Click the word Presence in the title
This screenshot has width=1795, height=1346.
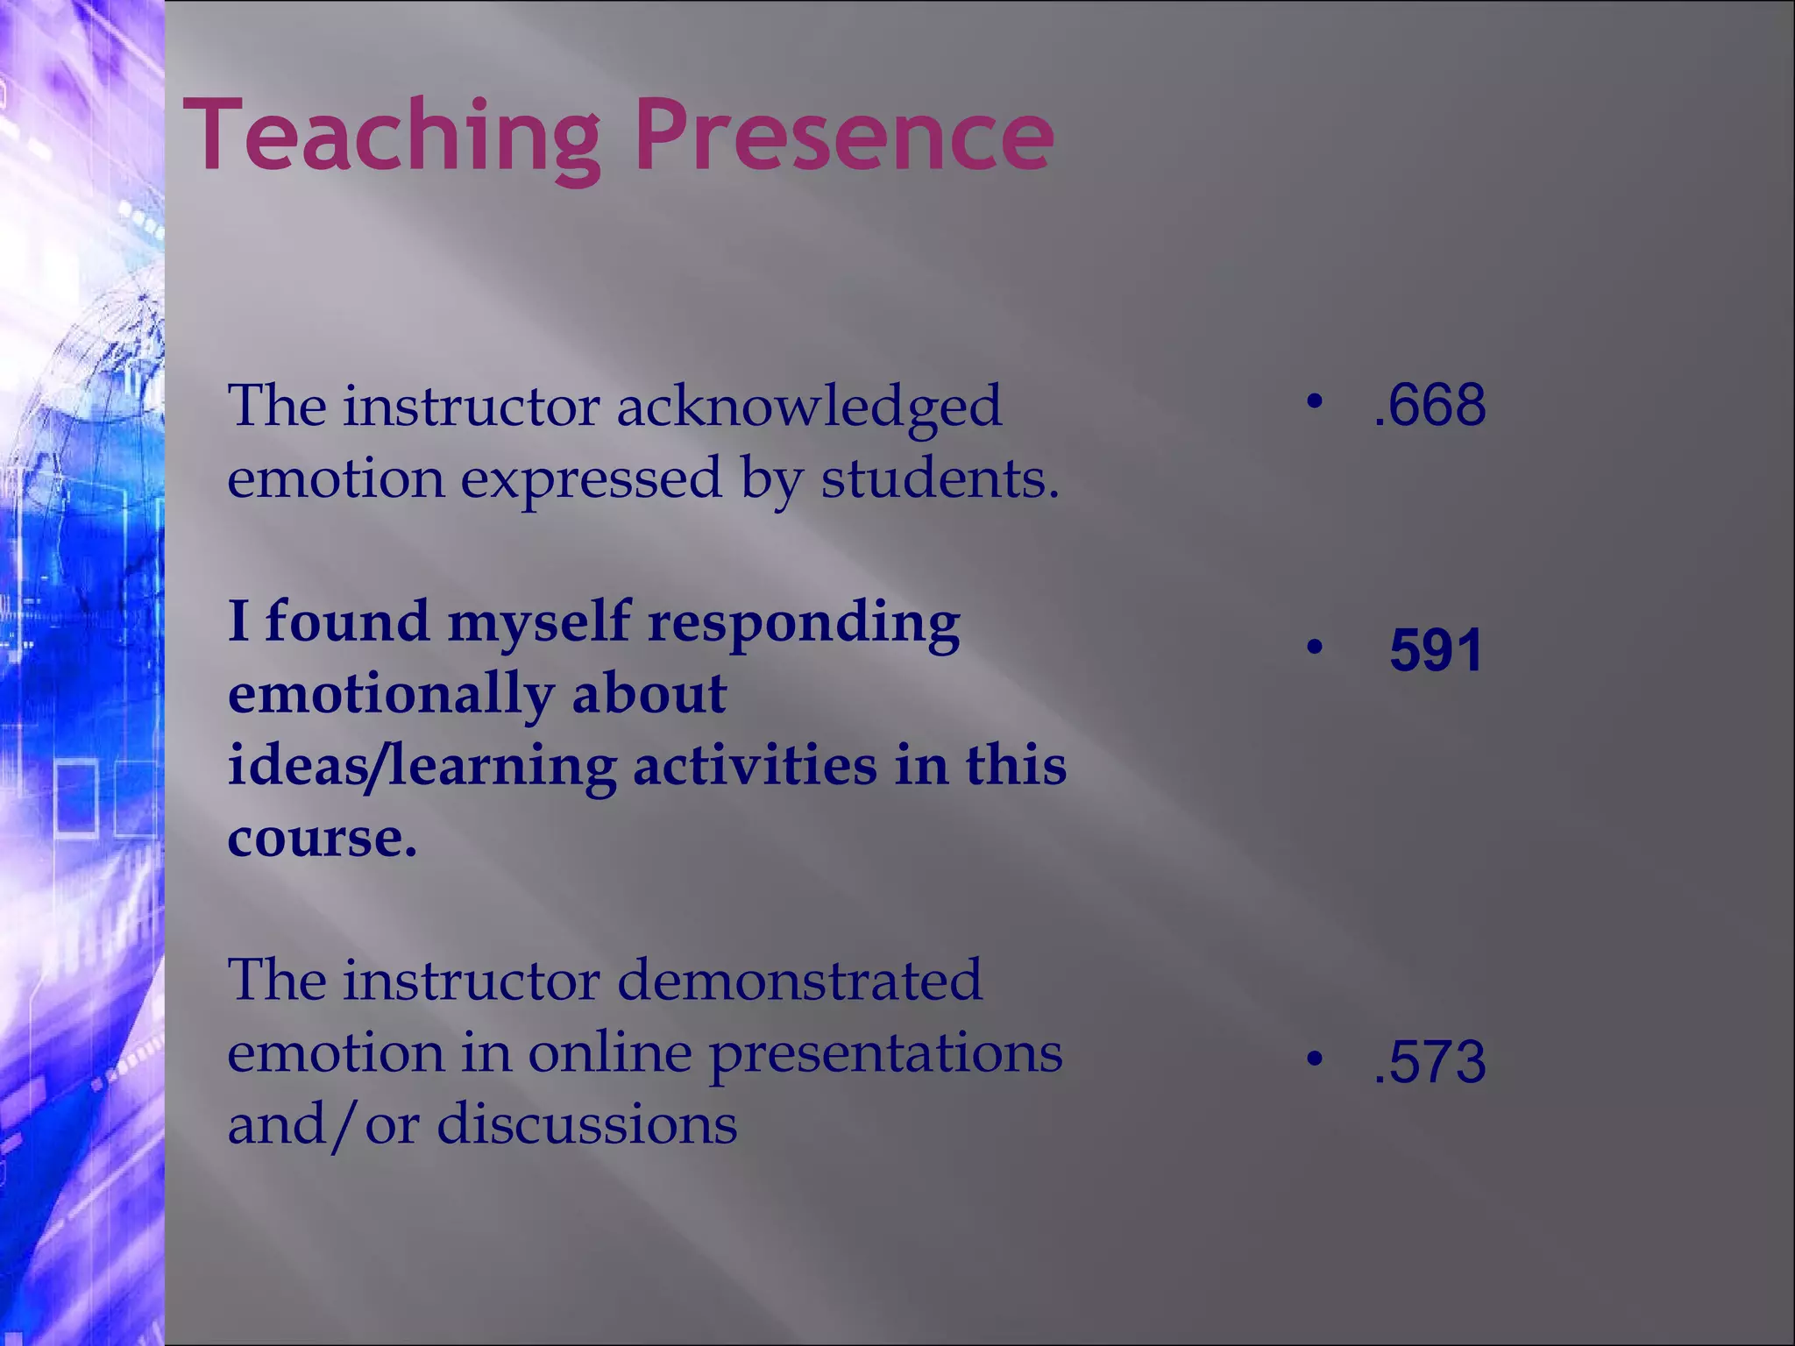pyautogui.click(x=843, y=136)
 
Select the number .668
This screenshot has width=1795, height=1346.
pyautogui.click(x=1430, y=405)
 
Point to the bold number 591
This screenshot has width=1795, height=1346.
pyautogui.click(x=1436, y=650)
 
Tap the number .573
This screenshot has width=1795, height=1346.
pyautogui.click(x=1430, y=1061)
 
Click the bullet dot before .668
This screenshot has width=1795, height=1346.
pyautogui.click(x=1313, y=402)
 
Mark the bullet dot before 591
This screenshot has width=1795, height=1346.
pyautogui.click(x=1313, y=648)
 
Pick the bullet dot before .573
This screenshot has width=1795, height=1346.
pyautogui.click(x=1313, y=1059)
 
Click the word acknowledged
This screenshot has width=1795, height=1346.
pyautogui.click(x=808, y=407)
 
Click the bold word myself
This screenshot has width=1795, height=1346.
pyautogui.click(x=538, y=622)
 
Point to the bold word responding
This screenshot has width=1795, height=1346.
pyautogui.click(x=804, y=622)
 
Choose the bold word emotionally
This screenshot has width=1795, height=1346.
pyautogui.click(x=390, y=694)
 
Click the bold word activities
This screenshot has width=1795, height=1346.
pyautogui.click(x=754, y=765)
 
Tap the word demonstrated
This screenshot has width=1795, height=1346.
pyautogui.click(x=799, y=980)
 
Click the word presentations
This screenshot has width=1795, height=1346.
pyautogui.click(x=885, y=1052)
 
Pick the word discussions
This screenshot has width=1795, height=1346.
pyautogui.click(x=586, y=1124)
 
